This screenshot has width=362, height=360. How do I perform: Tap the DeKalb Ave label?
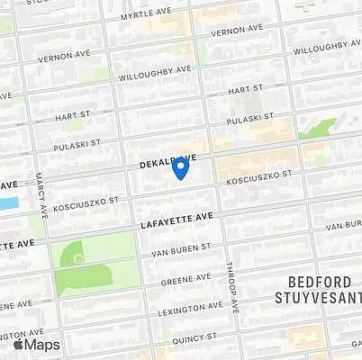[167, 162]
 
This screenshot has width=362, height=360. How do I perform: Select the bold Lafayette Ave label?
[176, 218]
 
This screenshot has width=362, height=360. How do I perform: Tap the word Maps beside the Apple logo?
[42, 344]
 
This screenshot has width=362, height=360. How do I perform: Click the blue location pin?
[180, 167]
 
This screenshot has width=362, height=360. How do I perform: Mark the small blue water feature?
[8, 203]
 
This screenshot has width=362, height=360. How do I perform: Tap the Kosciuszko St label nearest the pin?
[260, 178]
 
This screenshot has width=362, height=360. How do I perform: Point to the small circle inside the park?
[78, 258]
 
